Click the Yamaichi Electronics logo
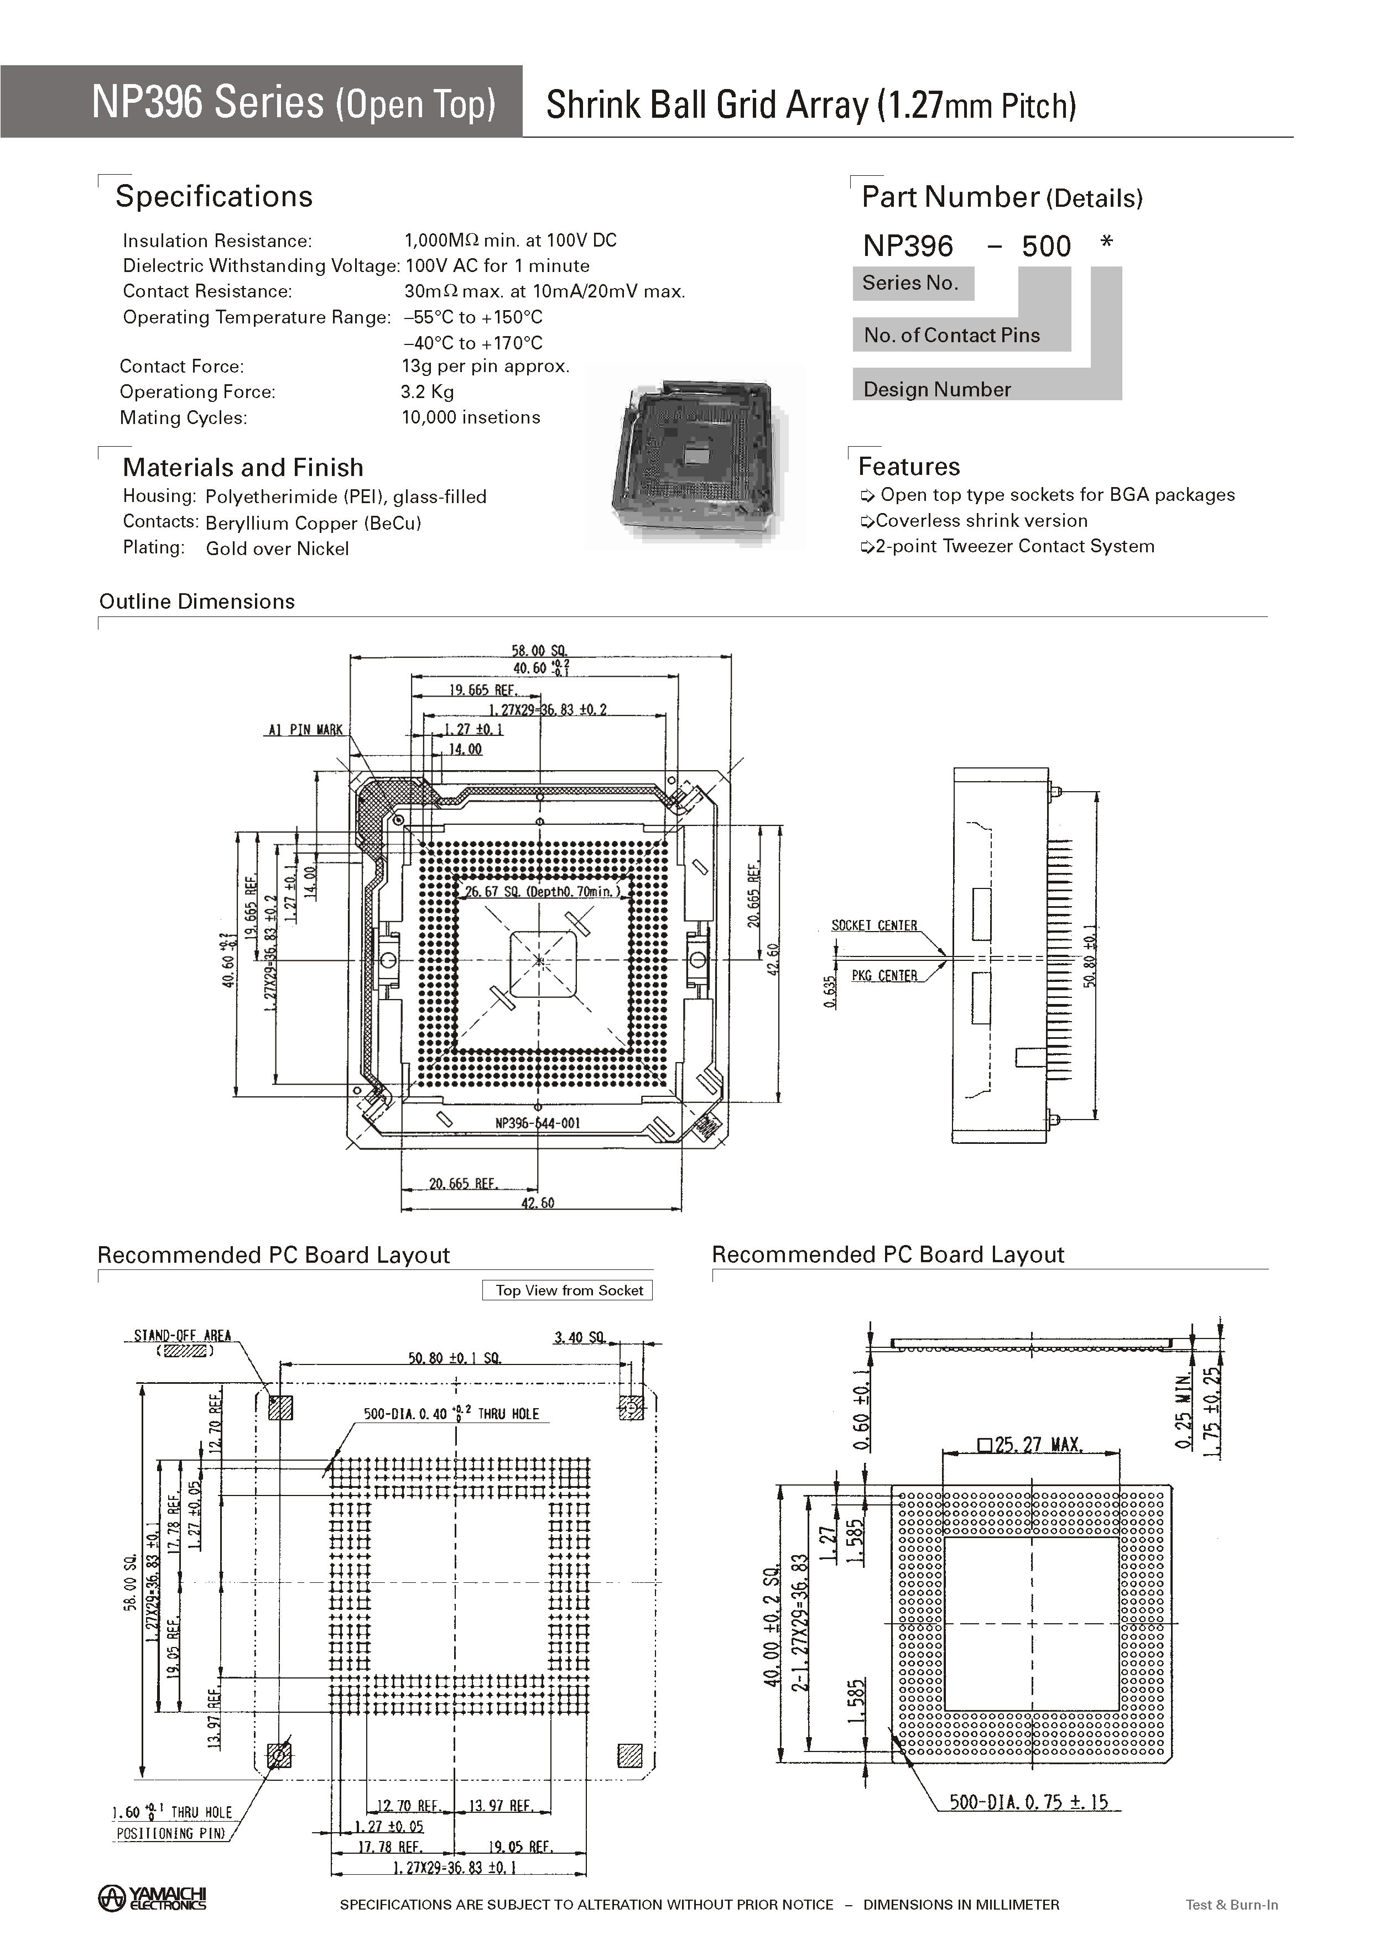(x=152, y=1898)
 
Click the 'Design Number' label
(x=936, y=389)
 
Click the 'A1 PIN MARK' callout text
(x=305, y=730)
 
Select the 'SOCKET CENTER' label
(x=874, y=925)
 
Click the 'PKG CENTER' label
(x=884, y=976)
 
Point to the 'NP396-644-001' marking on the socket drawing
(x=537, y=1123)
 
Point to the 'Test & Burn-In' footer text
(x=1231, y=1905)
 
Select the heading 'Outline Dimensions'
(x=197, y=602)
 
